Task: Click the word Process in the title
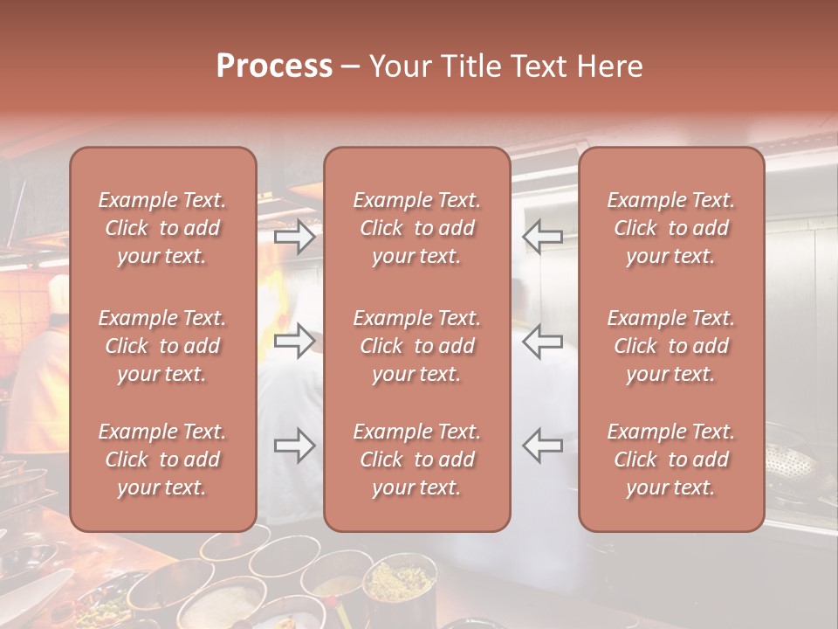pyautogui.click(x=274, y=66)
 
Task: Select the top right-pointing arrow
pyautogui.click(x=295, y=237)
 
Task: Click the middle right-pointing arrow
pyautogui.click(x=295, y=341)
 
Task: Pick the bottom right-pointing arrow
pyautogui.click(x=295, y=446)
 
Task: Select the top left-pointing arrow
pyautogui.click(x=542, y=237)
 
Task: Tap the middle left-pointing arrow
pyautogui.click(x=542, y=341)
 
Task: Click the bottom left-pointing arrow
pyautogui.click(x=542, y=446)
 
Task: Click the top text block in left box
pyautogui.click(x=162, y=228)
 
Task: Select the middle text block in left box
pyautogui.click(x=162, y=346)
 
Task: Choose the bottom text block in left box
pyautogui.click(x=162, y=460)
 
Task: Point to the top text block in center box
pyautogui.click(x=416, y=228)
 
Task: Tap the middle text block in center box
pyautogui.click(x=416, y=346)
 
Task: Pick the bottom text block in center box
pyautogui.click(x=416, y=460)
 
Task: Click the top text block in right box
pyautogui.click(x=670, y=228)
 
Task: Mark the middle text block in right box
pyautogui.click(x=670, y=346)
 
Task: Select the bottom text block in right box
pyautogui.click(x=670, y=460)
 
